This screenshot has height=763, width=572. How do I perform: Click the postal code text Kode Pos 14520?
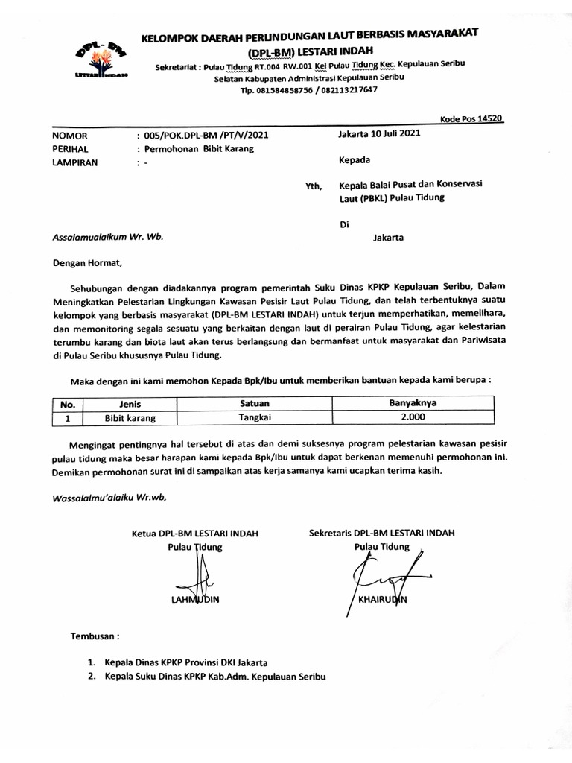coord(471,118)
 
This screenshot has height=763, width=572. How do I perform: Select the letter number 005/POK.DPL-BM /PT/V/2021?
coord(203,136)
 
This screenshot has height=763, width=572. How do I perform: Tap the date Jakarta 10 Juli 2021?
coord(380,134)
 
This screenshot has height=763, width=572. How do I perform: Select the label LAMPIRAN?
coord(74,163)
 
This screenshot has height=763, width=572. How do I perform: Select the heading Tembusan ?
coord(94,637)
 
